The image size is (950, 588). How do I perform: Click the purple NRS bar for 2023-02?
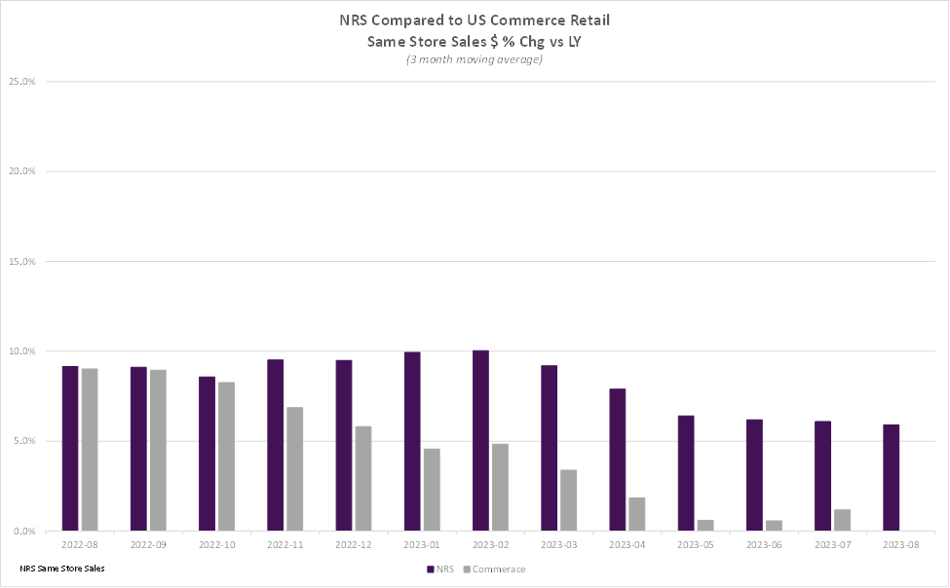[480, 440]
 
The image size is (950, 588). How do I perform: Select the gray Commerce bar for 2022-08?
[90, 450]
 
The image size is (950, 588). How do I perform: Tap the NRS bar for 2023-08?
[892, 478]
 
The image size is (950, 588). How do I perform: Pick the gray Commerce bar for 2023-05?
[705, 526]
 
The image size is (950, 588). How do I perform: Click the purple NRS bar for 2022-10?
[207, 454]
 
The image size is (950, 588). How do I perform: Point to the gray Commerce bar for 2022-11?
[295, 468]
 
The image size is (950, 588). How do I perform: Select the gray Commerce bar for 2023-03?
[568, 500]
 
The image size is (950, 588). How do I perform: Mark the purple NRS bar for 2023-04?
[618, 459]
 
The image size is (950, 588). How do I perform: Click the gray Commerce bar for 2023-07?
[842, 520]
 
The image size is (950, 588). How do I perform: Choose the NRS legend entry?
[440, 570]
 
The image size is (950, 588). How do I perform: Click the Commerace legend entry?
[494, 570]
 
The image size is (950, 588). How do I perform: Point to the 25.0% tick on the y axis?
[22, 81]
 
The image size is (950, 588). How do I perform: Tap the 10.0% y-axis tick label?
[22, 351]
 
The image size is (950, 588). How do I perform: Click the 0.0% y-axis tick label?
[24, 532]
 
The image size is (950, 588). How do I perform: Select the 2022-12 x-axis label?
[354, 544]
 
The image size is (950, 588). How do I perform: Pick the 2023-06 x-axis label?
[764, 544]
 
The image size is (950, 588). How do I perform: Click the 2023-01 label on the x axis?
[422, 544]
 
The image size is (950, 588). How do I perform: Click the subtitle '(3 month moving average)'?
[475, 59]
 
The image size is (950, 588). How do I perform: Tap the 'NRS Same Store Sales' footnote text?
[62, 569]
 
